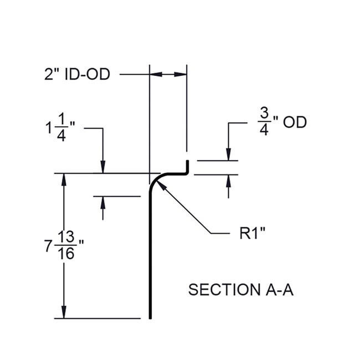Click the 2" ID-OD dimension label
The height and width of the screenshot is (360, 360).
77,74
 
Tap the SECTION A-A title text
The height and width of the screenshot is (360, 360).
241,290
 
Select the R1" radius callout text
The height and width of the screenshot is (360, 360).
253,233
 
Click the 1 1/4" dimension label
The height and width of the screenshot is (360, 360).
60,127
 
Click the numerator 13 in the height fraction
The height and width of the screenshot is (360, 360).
66,237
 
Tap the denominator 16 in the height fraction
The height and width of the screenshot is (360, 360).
66,254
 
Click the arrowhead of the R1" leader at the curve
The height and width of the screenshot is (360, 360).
161,185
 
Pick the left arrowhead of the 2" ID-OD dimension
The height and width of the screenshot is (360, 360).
156,74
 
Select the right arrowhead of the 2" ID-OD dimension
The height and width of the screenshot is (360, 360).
181,74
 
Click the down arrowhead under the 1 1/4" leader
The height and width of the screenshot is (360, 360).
103,167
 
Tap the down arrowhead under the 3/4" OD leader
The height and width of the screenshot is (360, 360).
228,155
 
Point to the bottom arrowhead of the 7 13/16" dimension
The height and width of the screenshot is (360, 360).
64,312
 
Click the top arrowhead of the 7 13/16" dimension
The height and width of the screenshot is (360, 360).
64,180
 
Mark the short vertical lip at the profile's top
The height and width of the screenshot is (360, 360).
187,166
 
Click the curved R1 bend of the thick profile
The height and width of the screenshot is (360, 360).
156,180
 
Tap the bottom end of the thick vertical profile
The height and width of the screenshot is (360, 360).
150,318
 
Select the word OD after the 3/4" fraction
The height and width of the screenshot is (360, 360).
295,122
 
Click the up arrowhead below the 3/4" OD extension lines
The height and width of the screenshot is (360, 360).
228,181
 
